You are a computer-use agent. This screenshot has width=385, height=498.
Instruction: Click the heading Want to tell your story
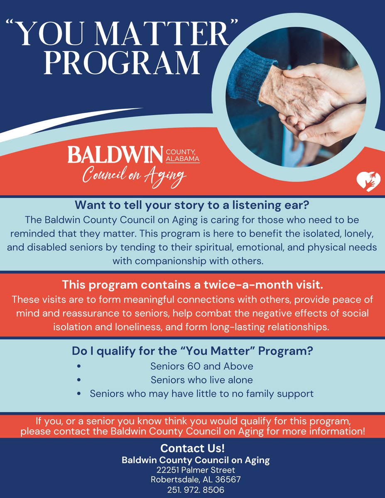[x=192, y=205]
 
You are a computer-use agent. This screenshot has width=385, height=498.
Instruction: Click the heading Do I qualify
[x=192, y=351]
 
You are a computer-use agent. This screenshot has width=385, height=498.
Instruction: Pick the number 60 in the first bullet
[x=186, y=367]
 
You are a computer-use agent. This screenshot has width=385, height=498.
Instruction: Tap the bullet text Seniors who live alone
[x=202, y=380]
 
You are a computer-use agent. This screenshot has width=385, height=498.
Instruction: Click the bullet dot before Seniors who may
[x=79, y=394]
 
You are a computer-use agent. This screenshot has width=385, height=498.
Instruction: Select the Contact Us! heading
[x=192, y=449]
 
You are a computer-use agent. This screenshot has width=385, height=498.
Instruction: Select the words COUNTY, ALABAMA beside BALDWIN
[x=183, y=155]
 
